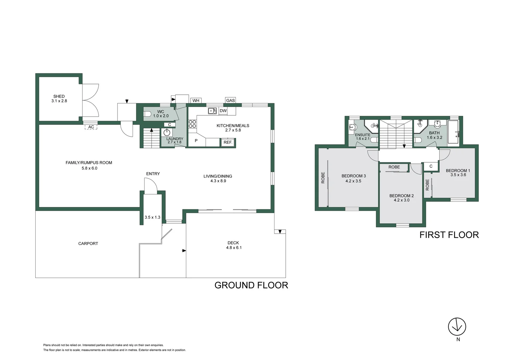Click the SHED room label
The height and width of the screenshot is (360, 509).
coord(59,96)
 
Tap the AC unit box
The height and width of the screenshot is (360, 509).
coord(91,127)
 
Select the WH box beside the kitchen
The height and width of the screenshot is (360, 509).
coord(196,101)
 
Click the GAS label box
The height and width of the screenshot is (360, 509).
coord(231,100)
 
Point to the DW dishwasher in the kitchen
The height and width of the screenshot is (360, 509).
coord(223,111)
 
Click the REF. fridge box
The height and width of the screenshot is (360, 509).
coord(228,142)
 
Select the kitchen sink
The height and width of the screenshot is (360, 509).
coord(212,111)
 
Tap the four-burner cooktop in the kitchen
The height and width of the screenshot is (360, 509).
coord(192,124)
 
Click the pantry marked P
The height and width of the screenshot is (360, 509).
coord(196,141)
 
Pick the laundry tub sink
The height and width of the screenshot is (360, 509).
coord(167,132)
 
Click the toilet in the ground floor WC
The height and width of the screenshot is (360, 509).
coord(148,114)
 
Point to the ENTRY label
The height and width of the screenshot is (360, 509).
coord(153,174)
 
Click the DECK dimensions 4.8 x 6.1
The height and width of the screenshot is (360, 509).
coord(234,248)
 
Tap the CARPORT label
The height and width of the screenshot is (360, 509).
coord(88,244)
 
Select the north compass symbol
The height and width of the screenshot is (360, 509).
coord(457,327)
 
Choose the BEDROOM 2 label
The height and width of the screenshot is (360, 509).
coord(401,196)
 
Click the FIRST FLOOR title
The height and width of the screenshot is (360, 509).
coord(449,235)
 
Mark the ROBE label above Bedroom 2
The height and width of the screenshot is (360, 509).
coord(394,167)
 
